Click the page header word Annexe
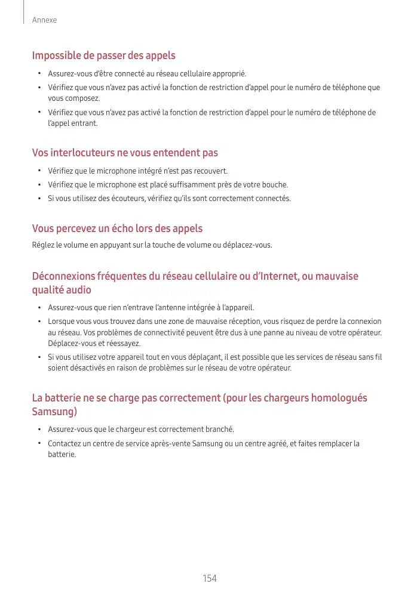(44, 20)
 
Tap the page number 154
(210, 579)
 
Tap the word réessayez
(122, 344)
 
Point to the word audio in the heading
(78, 290)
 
